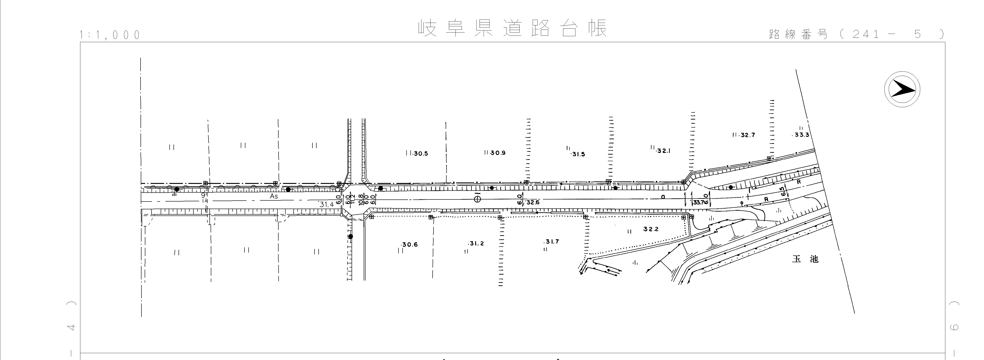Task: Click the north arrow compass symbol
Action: coord(902,89)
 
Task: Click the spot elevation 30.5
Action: coord(420,154)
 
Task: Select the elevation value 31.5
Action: coord(579,154)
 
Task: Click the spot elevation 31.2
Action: coord(476,243)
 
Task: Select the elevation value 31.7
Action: coord(552,242)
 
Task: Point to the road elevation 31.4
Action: coord(327,205)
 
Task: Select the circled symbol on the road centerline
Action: coord(477,199)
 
